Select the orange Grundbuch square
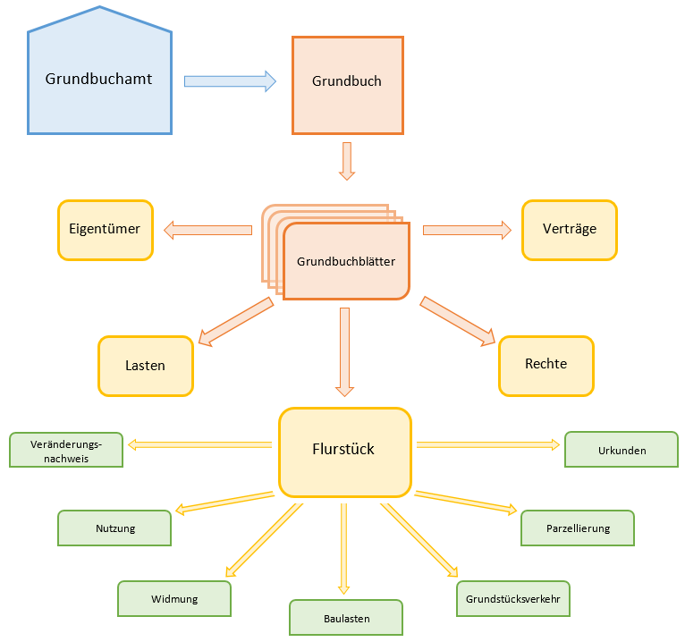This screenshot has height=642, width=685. point(347,85)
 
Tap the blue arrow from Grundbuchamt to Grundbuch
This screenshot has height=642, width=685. point(230,81)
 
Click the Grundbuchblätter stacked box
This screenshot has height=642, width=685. point(346,261)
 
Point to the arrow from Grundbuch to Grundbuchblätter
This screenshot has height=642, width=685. point(347,161)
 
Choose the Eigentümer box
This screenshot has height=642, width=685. point(105,230)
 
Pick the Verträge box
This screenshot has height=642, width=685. point(569,230)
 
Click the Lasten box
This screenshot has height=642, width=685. point(145,366)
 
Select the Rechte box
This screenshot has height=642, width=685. point(545,365)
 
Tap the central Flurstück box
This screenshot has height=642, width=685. point(344,451)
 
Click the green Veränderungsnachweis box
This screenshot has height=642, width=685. point(66,450)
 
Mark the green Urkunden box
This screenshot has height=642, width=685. point(622,450)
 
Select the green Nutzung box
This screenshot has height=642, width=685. point(114,528)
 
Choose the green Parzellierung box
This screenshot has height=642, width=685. point(578,528)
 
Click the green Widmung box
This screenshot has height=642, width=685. point(174,599)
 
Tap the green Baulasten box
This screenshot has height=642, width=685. point(346,617)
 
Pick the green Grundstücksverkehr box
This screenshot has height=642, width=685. point(512,599)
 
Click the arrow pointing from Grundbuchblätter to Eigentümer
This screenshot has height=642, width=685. point(207,231)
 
